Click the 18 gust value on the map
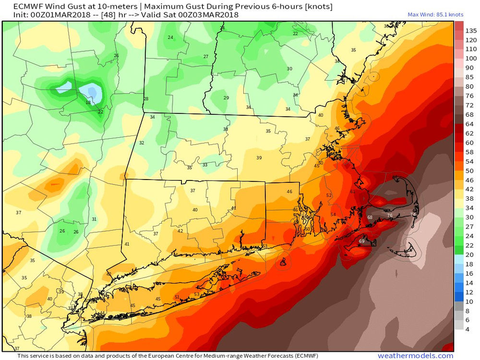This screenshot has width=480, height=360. click(x=88, y=103)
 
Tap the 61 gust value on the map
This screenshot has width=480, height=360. click(x=352, y=192)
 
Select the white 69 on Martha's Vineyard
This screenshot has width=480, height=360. click(x=361, y=241)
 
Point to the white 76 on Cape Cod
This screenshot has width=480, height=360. click(x=390, y=216)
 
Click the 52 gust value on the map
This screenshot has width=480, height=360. click(x=329, y=195)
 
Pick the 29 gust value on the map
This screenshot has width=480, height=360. click(x=226, y=98)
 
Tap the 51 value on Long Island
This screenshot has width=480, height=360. click(x=177, y=297)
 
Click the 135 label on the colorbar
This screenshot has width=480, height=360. click(x=470, y=30)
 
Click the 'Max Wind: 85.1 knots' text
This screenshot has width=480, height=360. click(x=430, y=14)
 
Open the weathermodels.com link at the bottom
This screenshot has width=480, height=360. click(x=415, y=356)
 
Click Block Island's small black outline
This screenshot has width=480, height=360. click(x=284, y=262)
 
